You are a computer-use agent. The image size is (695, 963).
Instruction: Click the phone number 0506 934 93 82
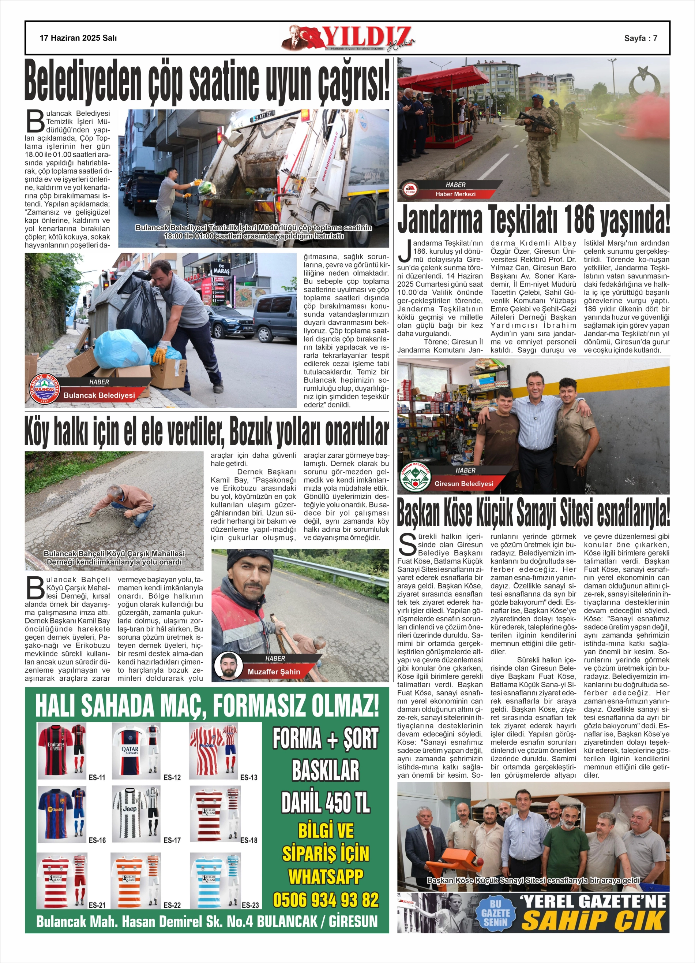pos(326,900)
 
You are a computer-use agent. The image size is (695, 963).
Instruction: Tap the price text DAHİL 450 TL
pos(326,803)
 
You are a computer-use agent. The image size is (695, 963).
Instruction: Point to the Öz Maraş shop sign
pos(221,268)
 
